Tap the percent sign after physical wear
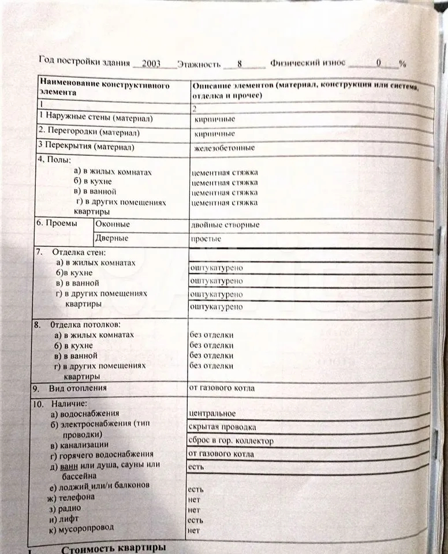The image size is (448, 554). [402, 64]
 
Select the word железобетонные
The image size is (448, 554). [225, 148]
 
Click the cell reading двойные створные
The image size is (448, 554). [225, 224]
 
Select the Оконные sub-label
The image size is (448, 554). [113, 224]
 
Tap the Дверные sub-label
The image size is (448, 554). [112, 238]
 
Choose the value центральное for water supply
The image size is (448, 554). [212, 413]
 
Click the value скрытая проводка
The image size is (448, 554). [222, 427]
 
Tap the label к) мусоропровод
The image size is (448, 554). [81, 528]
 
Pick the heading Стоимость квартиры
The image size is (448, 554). [113, 548]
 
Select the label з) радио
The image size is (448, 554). [65, 508]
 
